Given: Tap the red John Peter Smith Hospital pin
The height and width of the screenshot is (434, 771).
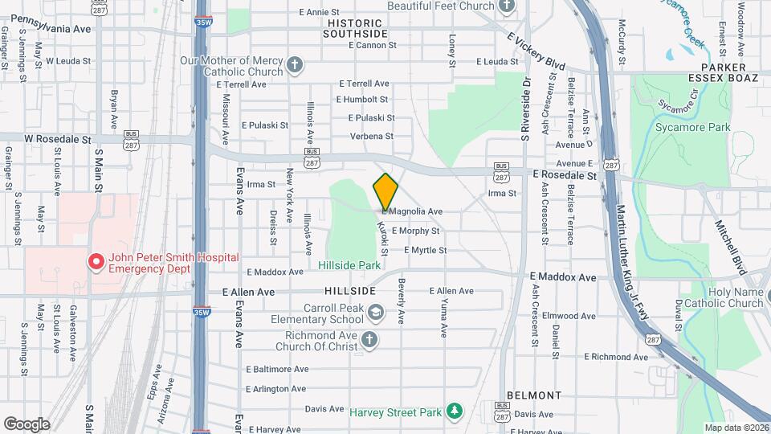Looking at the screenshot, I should tap(96, 262).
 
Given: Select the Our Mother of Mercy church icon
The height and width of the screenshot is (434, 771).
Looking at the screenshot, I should tap(295, 65).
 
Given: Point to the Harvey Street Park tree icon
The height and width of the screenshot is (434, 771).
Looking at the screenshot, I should tap(455, 412).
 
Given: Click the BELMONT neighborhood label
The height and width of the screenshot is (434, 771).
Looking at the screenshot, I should tap(534, 395).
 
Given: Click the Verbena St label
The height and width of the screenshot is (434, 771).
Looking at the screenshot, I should tap(372, 136).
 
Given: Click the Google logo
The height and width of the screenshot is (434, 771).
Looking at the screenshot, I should tap(27, 424).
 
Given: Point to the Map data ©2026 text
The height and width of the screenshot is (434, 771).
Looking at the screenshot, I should tap(736, 428).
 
